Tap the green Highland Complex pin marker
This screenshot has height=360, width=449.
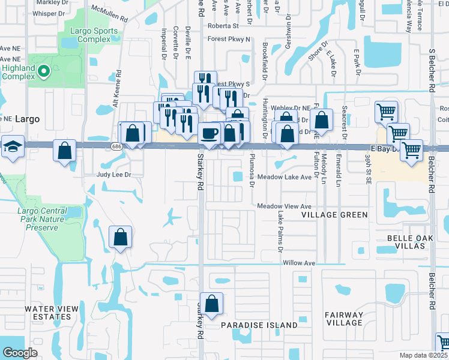[x=43, y=72]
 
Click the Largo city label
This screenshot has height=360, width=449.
[x=28, y=119]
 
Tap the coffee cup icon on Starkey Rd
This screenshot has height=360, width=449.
[x=209, y=133]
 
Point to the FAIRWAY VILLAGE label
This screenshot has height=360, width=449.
[x=343, y=319]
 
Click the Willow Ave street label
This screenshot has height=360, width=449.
[x=298, y=263]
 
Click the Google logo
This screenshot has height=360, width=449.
[x=20, y=353]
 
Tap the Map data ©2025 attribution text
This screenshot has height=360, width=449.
[x=424, y=355]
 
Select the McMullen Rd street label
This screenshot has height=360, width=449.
[x=109, y=14]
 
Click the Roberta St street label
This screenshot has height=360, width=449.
[x=223, y=26]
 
